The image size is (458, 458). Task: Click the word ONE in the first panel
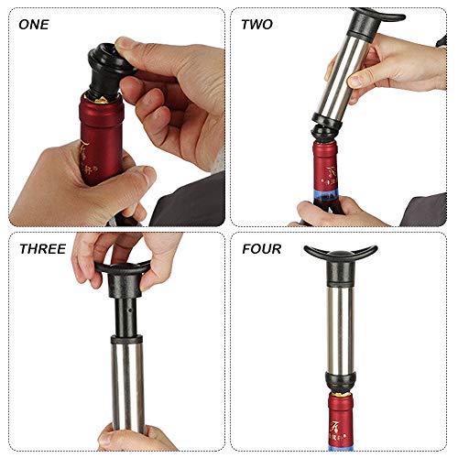35,24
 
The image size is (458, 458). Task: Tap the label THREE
40,248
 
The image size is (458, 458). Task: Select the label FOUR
261,248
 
